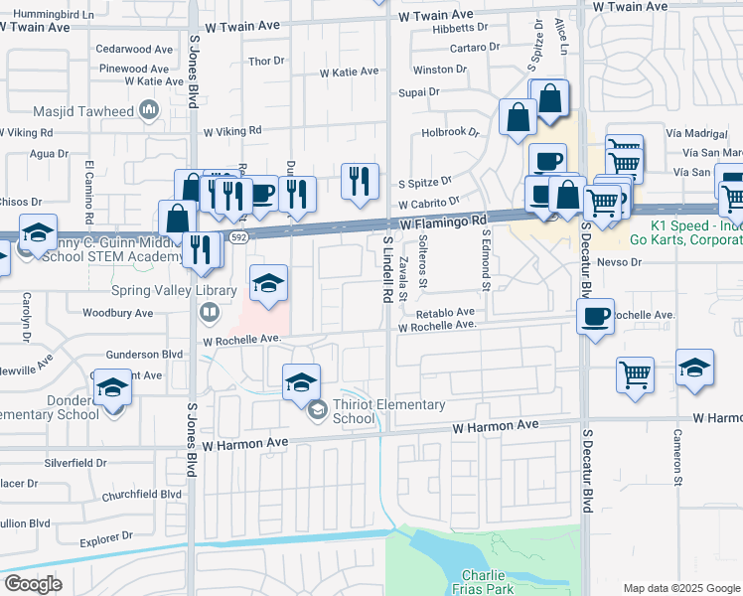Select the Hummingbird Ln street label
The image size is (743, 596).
tap(56, 15)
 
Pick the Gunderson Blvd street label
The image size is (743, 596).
tap(144, 354)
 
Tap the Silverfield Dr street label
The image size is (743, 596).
tap(75, 463)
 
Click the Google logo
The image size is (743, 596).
tap(33, 585)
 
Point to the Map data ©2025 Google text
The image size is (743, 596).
tap(680, 588)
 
